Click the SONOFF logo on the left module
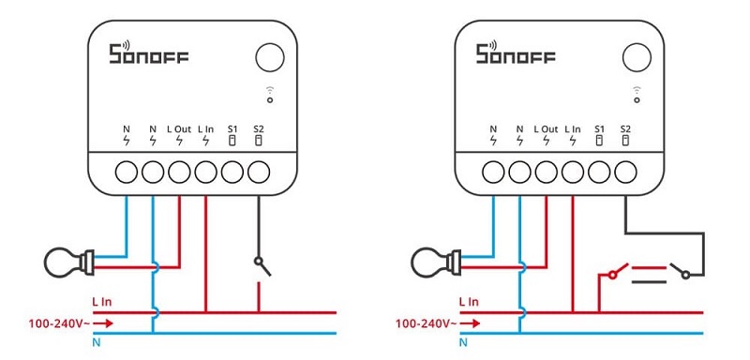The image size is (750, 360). pyautogui.click(x=149, y=52)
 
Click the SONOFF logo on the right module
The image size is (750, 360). pyautogui.click(x=516, y=52)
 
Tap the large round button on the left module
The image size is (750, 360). pyautogui.click(x=270, y=57)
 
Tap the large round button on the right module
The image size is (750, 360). pyautogui.click(x=637, y=57)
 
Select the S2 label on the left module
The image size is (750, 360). pyautogui.click(x=259, y=129)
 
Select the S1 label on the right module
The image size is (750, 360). pyautogui.click(x=599, y=129)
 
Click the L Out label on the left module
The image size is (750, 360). pyautogui.click(x=179, y=129)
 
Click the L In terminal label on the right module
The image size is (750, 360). pyautogui.click(x=573, y=129)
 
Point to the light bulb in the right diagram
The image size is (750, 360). pyautogui.click(x=435, y=262)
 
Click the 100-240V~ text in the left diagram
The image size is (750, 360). pyautogui.click(x=59, y=323)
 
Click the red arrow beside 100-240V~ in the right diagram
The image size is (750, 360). pyautogui.click(x=472, y=323)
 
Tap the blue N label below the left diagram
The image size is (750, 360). pyautogui.click(x=96, y=342)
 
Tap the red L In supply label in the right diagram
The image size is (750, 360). pyautogui.click(x=468, y=302)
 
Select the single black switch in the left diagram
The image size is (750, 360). pyautogui.click(x=262, y=267)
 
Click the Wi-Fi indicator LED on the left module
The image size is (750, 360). pyautogui.click(x=270, y=100)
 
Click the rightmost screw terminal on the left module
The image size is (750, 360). pyautogui.click(x=259, y=172)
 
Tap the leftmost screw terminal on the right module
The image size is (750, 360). pyautogui.click(x=493, y=172)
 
